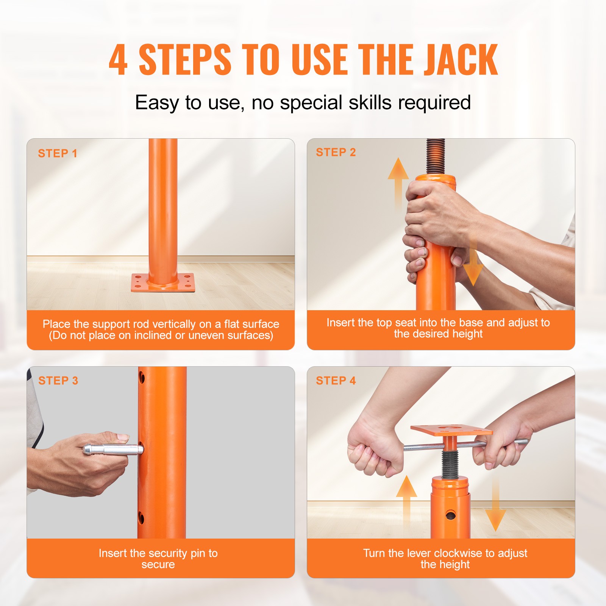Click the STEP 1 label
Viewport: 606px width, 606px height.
coord(58,153)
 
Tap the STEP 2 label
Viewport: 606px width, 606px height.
coord(336,152)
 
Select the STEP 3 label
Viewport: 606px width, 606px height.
coord(58,381)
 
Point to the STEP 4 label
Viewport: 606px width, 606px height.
coord(336,381)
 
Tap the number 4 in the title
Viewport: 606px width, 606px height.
coord(118,60)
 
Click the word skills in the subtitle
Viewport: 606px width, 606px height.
coord(370,103)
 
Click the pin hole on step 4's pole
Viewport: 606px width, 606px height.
coord(451,515)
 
